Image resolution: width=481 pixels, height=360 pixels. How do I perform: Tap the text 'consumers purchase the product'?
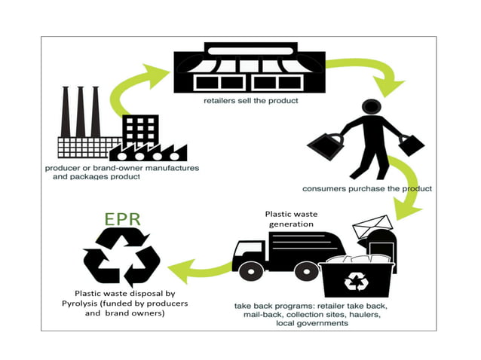click(366, 188)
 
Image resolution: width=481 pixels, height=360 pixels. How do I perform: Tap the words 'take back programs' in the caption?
click(264, 307)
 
